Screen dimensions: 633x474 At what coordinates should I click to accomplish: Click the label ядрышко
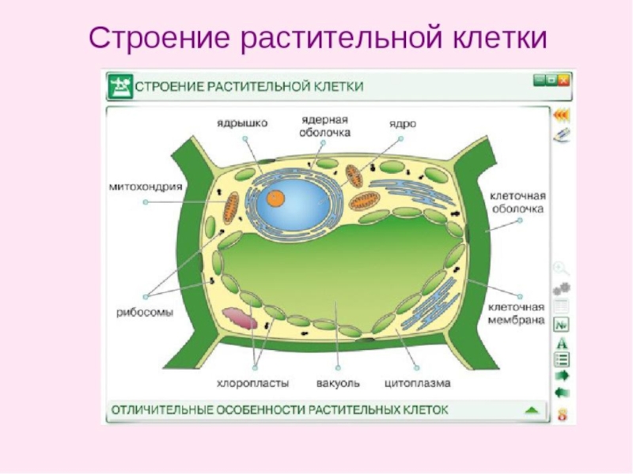click(243, 123)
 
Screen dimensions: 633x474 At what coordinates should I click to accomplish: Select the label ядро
click(402, 123)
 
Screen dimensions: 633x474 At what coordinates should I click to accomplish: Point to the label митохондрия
click(146, 187)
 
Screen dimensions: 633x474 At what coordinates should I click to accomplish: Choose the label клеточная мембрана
click(517, 313)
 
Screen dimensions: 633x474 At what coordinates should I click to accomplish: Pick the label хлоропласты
click(252, 383)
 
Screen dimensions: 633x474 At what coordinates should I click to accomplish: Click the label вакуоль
click(338, 383)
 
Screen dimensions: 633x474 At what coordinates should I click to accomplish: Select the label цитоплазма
click(417, 383)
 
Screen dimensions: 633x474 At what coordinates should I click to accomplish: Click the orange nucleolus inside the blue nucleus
click(275, 195)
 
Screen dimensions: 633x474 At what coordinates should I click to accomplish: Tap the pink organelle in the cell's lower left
click(240, 318)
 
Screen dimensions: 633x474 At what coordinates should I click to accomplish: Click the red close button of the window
click(563, 79)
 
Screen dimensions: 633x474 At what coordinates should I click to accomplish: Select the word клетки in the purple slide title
click(500, 37)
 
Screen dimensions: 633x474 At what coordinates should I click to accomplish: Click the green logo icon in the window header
click(119, 85)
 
